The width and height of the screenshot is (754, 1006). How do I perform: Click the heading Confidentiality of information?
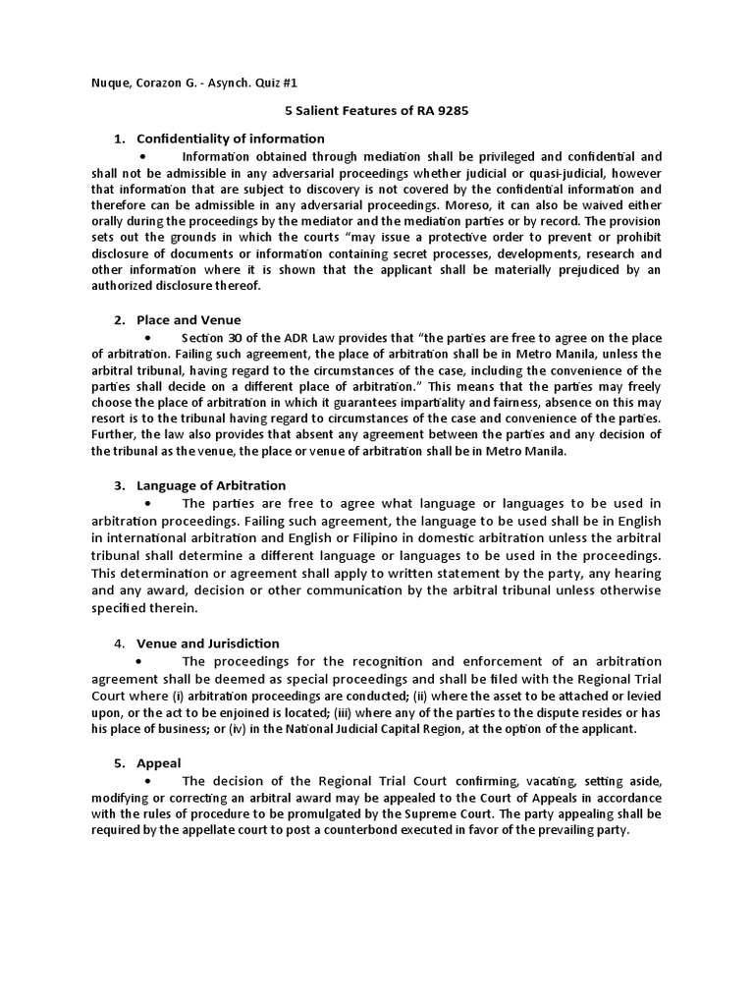click(230, 139)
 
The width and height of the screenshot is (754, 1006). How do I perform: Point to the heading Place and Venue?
click(188, 319)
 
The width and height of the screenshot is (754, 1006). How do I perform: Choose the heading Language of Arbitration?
click(211, 485)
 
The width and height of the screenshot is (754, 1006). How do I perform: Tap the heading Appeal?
click(158, 762)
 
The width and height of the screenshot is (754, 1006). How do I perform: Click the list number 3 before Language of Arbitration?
click(118, 485)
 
